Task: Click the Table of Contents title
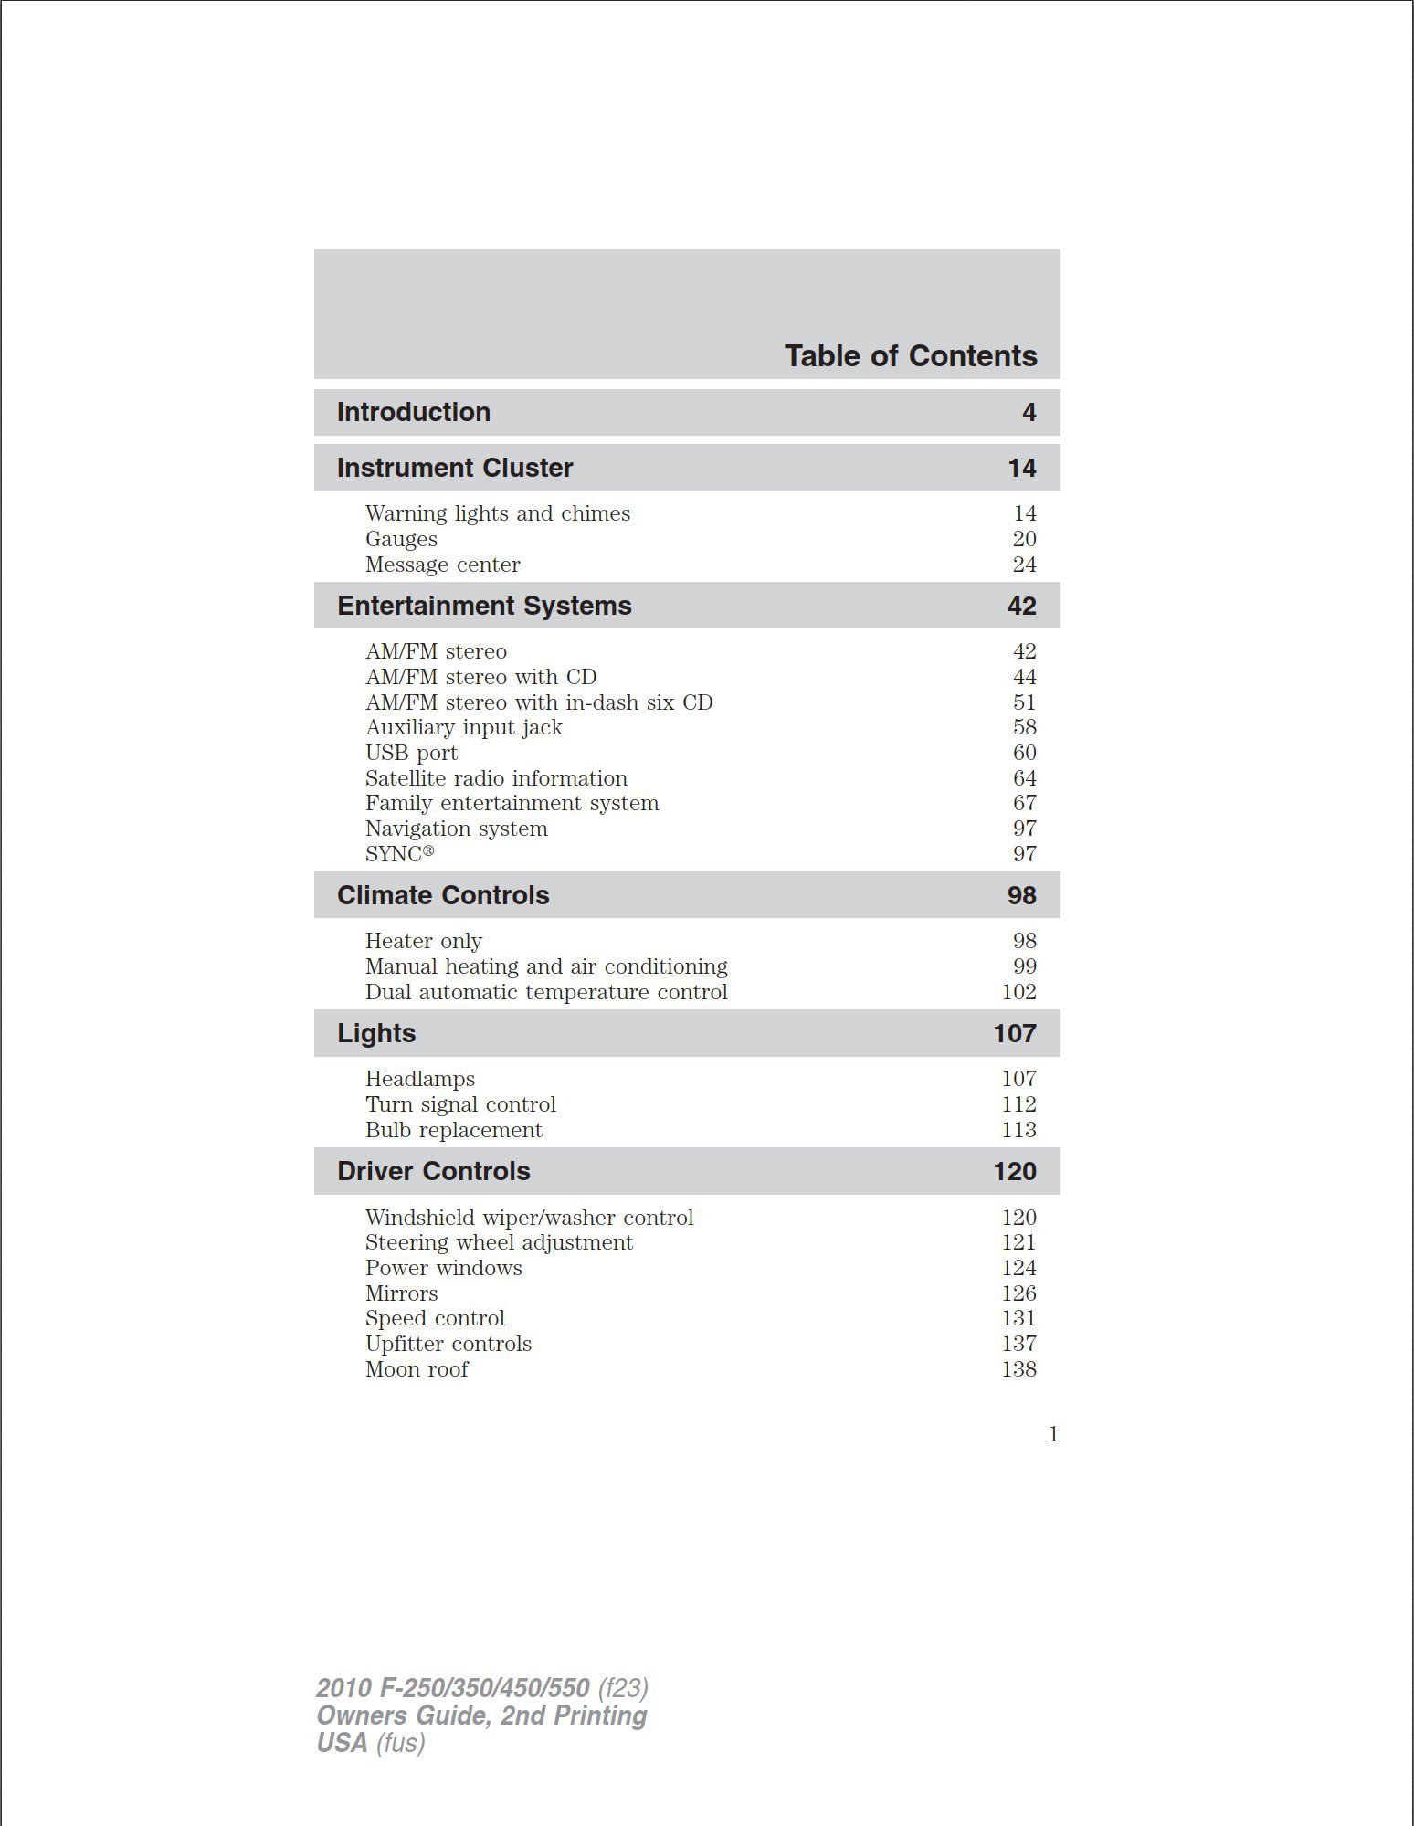pos(910,355)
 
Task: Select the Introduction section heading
pos(413,412)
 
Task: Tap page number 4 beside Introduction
pos(1029,413)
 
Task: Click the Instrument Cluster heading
pos(454,468)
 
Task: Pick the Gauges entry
pos(401,539)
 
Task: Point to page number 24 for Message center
pos(1024,565)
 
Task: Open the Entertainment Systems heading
pos(484,606)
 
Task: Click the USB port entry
pos(411,753)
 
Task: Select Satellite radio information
pos(496,778)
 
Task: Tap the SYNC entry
pos(399,854)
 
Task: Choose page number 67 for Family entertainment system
pos(1024,803)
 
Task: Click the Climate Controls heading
pos(443,895)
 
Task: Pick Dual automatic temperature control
pos(546,992)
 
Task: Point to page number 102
pos(1018,992)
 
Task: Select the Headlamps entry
pos(419,1079)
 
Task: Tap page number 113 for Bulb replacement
pos(1018,1130)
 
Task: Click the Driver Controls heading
pos(433,1171)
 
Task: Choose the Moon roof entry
pos(417,1369)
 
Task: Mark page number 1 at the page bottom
pos(1053,1434)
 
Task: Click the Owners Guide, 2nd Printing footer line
pos(481,1715)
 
